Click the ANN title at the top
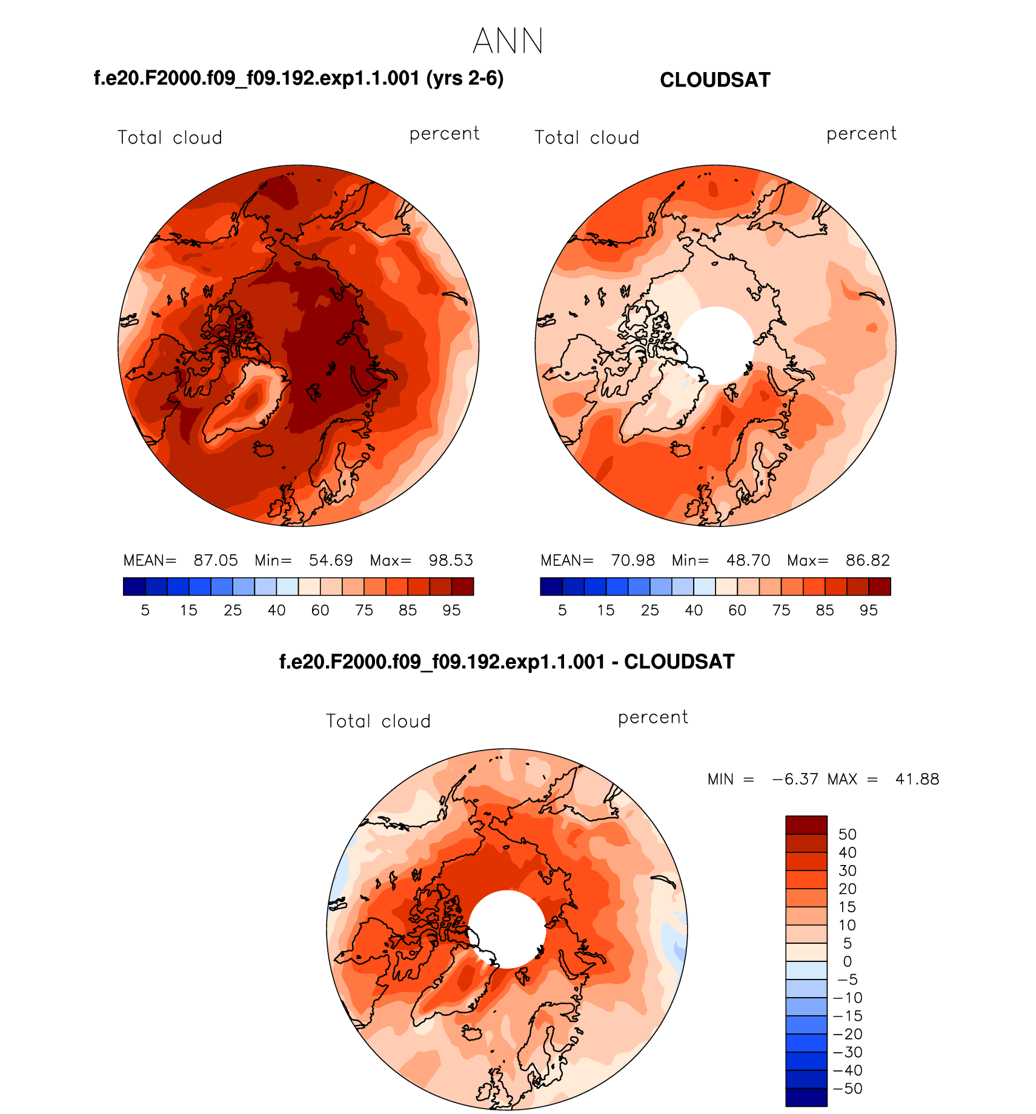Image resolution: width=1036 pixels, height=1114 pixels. click(508, 42)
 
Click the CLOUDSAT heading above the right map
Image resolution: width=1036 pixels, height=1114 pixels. click(715, 80)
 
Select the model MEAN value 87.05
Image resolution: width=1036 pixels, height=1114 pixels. click(216, 560)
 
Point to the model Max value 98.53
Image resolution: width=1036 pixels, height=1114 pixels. click(451, 560)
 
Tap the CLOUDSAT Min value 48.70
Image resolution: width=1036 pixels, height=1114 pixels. click(748, 560)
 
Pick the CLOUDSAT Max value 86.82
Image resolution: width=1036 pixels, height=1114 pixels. click(868, 560)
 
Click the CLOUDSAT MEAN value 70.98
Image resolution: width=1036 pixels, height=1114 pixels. click(633, 560)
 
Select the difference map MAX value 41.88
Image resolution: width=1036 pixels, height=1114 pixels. click(917, 779)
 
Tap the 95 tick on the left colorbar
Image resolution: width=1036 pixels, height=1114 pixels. click(451, 610)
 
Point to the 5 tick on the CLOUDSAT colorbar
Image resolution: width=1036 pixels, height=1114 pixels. click(562, 610)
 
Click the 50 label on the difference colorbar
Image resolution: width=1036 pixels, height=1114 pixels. click(847, 834)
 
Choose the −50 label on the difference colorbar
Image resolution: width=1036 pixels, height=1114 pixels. click(848, 1089)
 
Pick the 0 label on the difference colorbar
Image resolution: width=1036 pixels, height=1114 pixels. click(847, 961)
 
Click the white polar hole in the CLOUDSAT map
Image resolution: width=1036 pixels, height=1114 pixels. click(716, 345)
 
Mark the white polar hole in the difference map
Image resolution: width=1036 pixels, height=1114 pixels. click(507, 929)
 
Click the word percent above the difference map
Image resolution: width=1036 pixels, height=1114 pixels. click(652, 718)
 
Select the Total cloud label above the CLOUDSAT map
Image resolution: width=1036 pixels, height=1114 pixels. click(586, 138)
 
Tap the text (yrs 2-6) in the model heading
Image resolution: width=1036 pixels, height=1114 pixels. click(465, 79)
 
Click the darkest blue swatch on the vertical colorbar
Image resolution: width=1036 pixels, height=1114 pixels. click(806, 1097)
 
